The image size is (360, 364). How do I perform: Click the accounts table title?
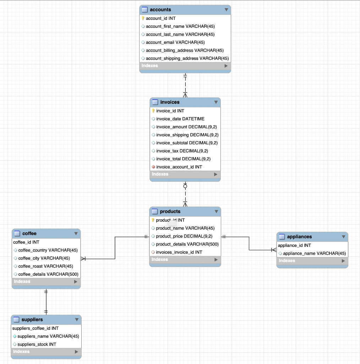click(x=160, y=10)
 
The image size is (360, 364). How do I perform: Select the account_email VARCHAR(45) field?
click(x=175, y=42)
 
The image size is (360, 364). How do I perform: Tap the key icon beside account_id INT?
click(x=143, y=18)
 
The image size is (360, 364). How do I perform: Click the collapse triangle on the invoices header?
click(x=216, y=102)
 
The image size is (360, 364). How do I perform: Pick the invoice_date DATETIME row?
click(x=180, y=119)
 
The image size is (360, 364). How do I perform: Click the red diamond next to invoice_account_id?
click(x=153, y=167)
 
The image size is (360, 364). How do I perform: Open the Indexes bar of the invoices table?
click(x=185, y=174)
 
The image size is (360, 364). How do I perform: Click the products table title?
click(x=170, y=212)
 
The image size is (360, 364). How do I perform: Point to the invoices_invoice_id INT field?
click(x=179, y=252)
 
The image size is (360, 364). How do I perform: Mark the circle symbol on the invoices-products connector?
click(x=185, y=186)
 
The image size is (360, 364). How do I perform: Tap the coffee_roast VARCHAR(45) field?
click(x=45, y=266)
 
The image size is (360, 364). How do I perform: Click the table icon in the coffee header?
click(x=17, y=234)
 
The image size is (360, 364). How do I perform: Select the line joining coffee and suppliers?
click(x=46, y=302)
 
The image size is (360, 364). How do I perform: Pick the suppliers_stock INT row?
click(x=37, y=344)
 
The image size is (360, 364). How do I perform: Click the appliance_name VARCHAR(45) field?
click(x=314, y=253)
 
